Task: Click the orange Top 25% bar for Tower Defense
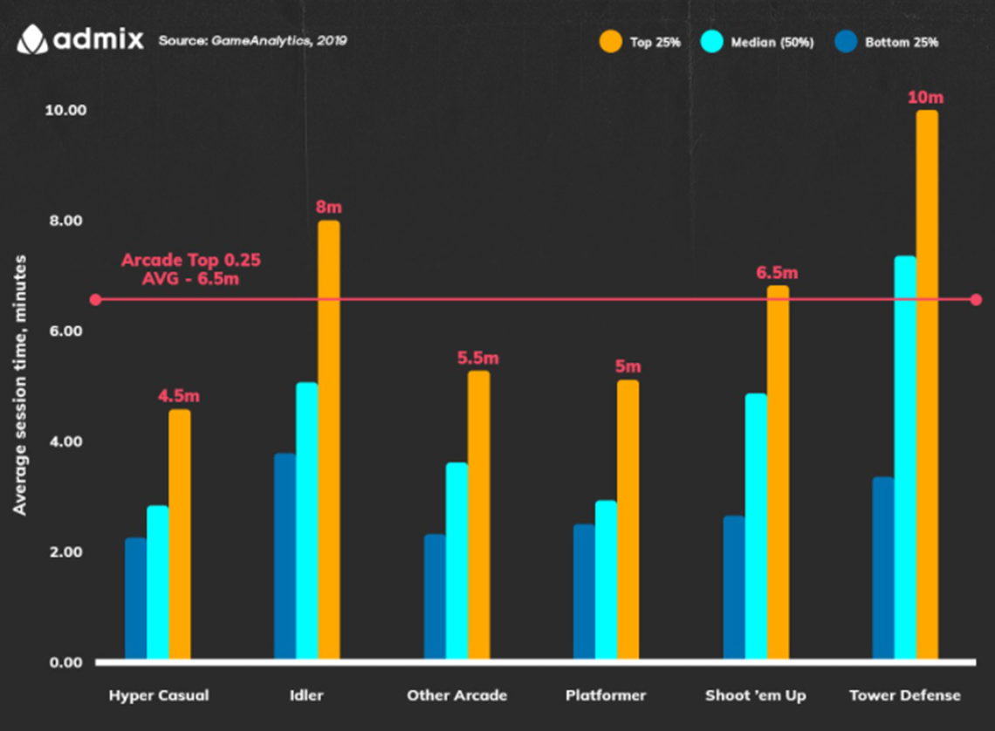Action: tap(927, 384)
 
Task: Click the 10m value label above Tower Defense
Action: tap(926, 97)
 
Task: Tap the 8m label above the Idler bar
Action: tap(329, 207)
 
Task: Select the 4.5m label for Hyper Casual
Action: tap(179, 396)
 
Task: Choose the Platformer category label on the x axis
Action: tap(606, 695)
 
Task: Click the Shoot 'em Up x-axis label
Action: tap(756, 695)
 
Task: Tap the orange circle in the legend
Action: tap(610, 41)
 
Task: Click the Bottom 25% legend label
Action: tap(902, 42)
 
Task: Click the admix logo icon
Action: tap(32, 39)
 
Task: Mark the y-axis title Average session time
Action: tap(20, 384)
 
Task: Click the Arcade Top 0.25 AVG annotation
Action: tap(191, 270)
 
